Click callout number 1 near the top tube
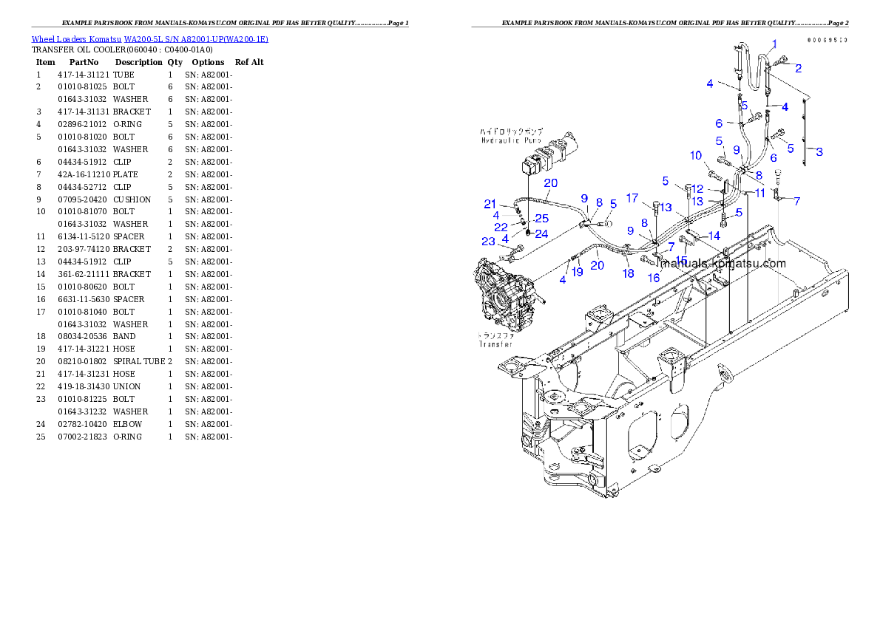tap(774, 44)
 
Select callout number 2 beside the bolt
tap(799, 68)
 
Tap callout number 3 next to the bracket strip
tap(819, 151)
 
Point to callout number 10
tap(696, 156)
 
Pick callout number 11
tap(760, 193)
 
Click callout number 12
tap(698, 189)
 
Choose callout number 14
tap(714, 236)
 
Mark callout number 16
tap(654, 278)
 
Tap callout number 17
tap(632, 198)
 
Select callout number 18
tap(629, 273)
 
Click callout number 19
tap(578, 272)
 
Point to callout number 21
tap(490, 204)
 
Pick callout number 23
tap(488, 242)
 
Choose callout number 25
tap(542, 219)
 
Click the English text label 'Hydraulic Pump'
tap(511, 140)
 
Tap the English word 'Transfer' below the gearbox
tap(496, 344)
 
